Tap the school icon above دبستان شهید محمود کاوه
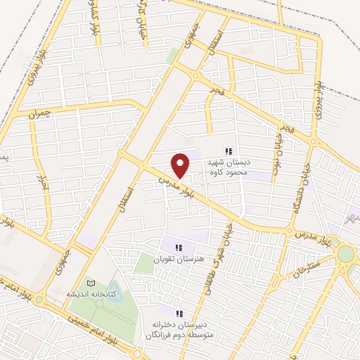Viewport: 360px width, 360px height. [x=228, y=151]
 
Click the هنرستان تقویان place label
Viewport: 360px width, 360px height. [x=175, y=260]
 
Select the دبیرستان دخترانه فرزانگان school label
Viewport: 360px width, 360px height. [x=178, y=329]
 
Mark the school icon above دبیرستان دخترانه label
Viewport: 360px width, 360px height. [x=179, y=313]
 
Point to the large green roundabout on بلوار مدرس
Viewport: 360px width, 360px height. [x=345, y=253]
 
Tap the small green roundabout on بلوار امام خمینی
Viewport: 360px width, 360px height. [x=39, y=299]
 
